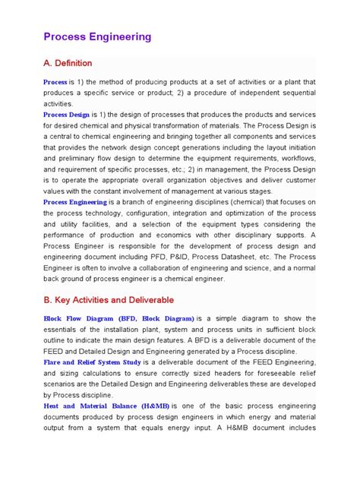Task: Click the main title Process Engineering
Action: [x=97, y=36]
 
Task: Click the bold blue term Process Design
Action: [x=71, y=115]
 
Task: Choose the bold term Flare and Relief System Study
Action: [x=96, y=362]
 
